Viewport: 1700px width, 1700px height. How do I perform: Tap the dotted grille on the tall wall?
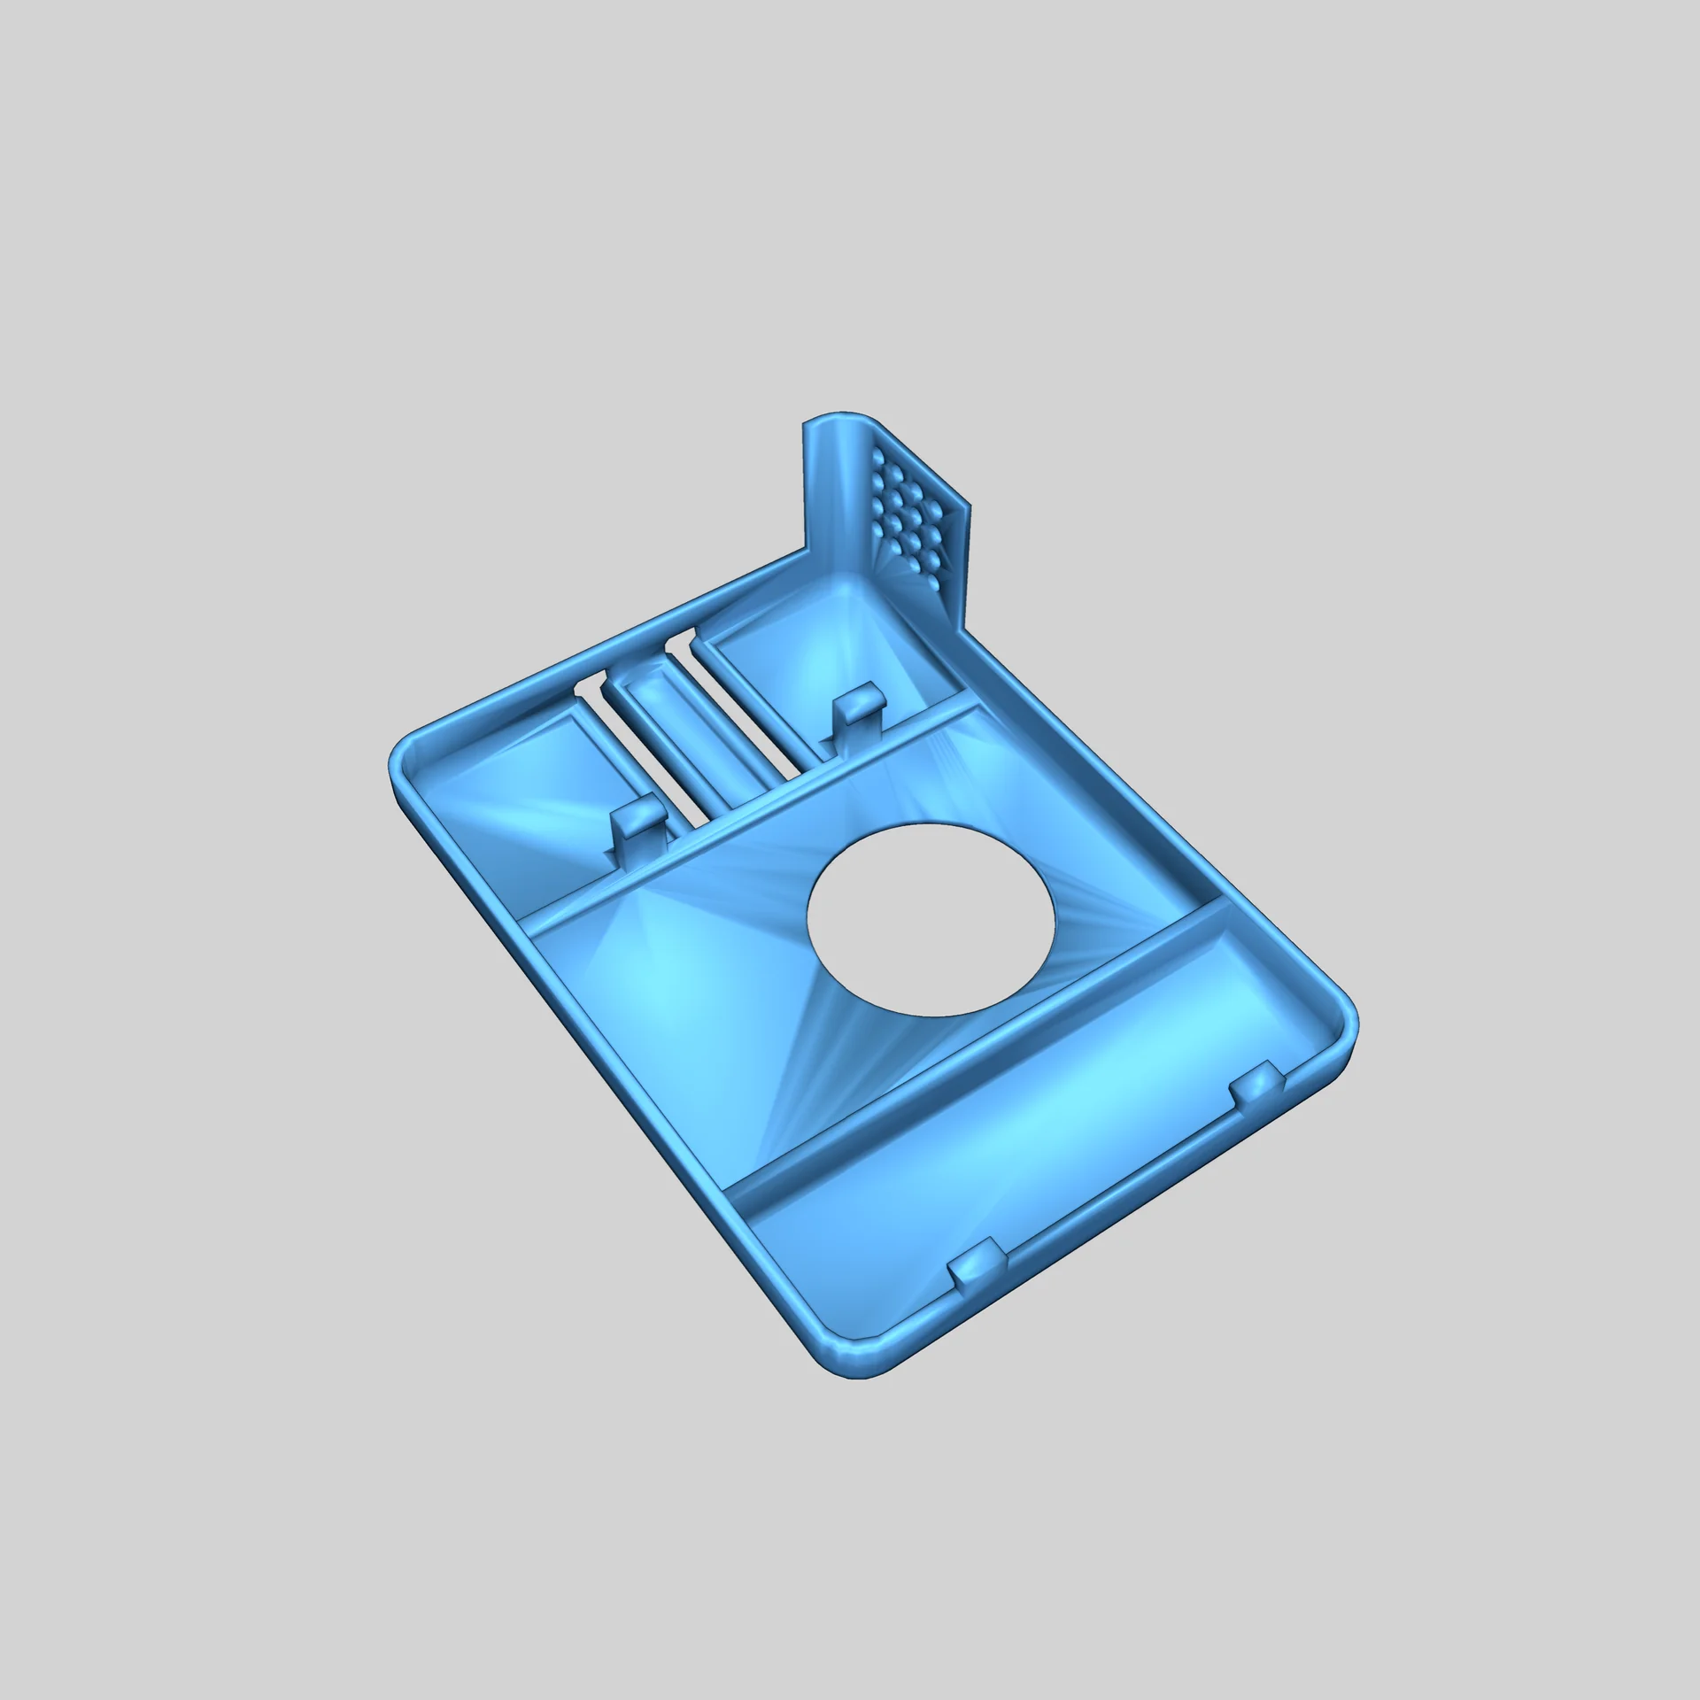click(913, 514)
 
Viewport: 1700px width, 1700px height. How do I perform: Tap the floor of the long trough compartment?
click(1018, 1151)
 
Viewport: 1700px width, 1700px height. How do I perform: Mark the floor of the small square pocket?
click(531, 797)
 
